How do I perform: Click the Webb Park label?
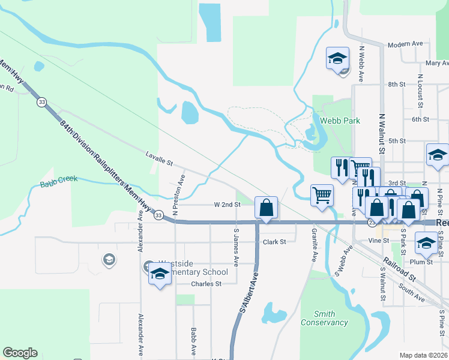click(340, 121)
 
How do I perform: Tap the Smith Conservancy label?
click(333, 318)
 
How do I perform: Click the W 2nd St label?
click(227, 205)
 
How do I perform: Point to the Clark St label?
click(274, 242)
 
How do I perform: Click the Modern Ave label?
click(406, 44)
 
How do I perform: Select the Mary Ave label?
click(437, 63)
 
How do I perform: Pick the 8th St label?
click(397, 85)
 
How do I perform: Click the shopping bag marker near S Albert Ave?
click(266, 208)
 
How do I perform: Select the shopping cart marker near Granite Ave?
click(322, 194)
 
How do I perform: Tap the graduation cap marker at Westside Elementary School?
click(159, 275)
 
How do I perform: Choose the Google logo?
click(20, 353)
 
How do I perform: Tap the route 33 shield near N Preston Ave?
click(158, 215)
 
